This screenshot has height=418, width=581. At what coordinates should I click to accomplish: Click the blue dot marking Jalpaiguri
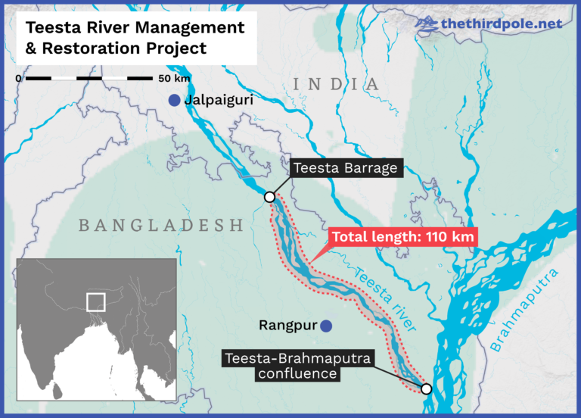[x=175, y=100]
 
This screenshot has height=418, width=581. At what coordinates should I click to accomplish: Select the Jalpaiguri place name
[x=219, y=100]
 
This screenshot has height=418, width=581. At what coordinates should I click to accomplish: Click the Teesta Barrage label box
[x=344, y=168]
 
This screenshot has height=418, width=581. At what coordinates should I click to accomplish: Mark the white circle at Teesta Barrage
[x=269, y=197]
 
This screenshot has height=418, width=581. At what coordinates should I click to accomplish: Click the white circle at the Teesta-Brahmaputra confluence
[x=427, y=388]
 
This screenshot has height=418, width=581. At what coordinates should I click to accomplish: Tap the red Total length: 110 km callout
[x=404, y=237]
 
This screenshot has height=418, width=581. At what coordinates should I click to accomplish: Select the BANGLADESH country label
[x=160, y=226]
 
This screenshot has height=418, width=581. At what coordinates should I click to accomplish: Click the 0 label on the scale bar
[x=19, y=79]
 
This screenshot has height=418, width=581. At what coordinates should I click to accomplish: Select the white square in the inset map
[x=95, y=301]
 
